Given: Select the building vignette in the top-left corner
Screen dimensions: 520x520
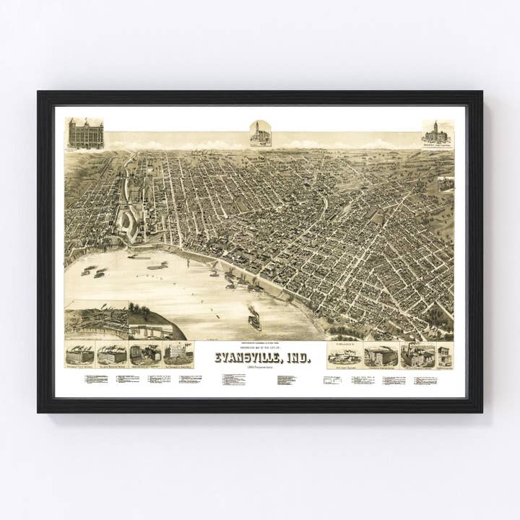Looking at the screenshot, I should point(85,134).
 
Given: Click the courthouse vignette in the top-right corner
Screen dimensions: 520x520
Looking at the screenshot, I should point(438,134).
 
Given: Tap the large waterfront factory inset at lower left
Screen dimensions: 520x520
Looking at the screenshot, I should point(96,320).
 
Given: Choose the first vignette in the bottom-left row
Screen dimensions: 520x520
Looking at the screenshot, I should point(79,354).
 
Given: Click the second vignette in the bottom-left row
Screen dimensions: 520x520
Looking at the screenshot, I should point(112,354).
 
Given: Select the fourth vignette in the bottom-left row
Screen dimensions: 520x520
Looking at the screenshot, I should point(178,354).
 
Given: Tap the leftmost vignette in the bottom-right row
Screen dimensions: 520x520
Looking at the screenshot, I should point(344,354).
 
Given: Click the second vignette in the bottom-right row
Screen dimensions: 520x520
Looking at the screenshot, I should point(381,355).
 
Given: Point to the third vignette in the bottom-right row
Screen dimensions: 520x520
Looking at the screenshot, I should point(417,355).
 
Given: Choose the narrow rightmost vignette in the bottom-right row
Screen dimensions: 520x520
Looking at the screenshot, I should point(445,355).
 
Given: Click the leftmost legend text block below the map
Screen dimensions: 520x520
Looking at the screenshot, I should point(95,378).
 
